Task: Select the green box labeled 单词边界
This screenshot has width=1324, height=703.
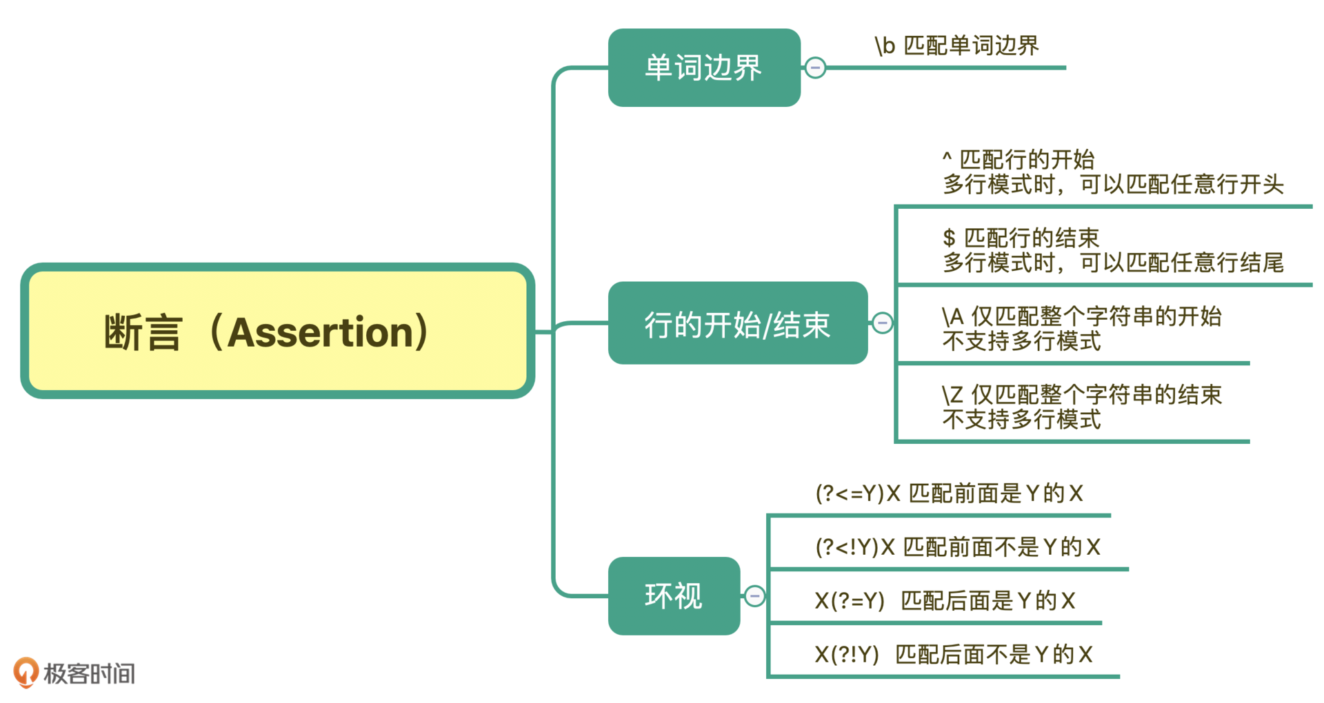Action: point(703,68)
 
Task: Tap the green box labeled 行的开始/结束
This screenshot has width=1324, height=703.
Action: point(737,323)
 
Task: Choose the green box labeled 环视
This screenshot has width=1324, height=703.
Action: point(674,595)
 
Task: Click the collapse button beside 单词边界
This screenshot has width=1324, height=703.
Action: point(815,68)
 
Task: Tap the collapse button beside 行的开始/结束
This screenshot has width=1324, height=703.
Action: point(882,323)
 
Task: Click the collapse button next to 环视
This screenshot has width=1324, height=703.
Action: point(754,595)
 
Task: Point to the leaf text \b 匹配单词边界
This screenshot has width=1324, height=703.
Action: point(956,45)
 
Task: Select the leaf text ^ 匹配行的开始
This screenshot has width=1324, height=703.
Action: point(1018,159)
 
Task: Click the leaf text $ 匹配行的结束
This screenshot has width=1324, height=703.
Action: point(1021,238)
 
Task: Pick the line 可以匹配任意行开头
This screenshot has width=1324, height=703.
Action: point(1181,185)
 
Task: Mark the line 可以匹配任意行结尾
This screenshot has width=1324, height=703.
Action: point(1181,263)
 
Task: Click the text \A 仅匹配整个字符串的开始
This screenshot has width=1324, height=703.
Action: point(1081,316)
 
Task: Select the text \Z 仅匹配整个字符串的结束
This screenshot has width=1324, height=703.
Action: point(1081,394)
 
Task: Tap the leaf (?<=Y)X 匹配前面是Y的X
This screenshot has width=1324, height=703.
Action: point(949,493)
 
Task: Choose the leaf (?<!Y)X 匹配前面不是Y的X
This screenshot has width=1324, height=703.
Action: point(957,547)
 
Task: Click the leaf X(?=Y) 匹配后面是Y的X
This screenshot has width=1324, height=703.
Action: point(945,601)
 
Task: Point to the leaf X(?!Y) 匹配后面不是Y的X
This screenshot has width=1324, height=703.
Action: point(953,654)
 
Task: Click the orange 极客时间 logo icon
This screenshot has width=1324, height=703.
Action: point(26,672)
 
